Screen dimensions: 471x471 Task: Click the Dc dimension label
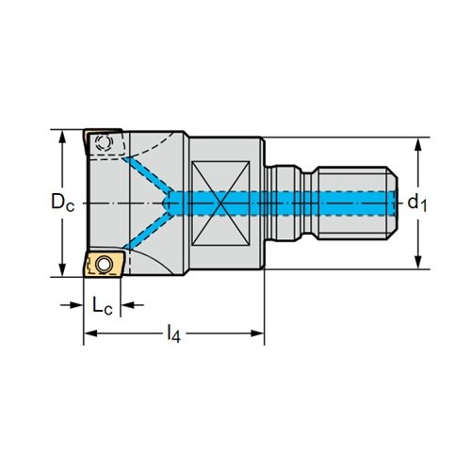63,203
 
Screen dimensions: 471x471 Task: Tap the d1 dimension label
417,203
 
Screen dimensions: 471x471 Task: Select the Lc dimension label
103,305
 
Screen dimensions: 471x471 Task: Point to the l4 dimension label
173,333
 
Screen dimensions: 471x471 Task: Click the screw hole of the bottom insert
105,265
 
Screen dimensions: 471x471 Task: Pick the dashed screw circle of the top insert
103,143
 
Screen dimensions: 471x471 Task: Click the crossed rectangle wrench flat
220,203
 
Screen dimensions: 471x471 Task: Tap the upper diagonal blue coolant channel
148,176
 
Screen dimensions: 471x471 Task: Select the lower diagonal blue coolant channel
148,232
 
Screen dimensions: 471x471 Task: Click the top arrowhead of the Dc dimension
63,136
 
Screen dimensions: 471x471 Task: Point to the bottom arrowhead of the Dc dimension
63,270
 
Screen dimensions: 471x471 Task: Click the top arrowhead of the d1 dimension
417,144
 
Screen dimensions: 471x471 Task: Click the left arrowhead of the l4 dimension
90,333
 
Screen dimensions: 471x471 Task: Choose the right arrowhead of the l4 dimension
257,333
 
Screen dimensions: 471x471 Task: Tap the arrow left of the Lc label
72,304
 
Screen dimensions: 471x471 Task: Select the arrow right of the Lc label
133,304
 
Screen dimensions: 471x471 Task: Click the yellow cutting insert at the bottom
104,263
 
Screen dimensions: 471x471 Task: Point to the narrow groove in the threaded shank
311,203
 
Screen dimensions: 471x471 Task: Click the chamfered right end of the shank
392,203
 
